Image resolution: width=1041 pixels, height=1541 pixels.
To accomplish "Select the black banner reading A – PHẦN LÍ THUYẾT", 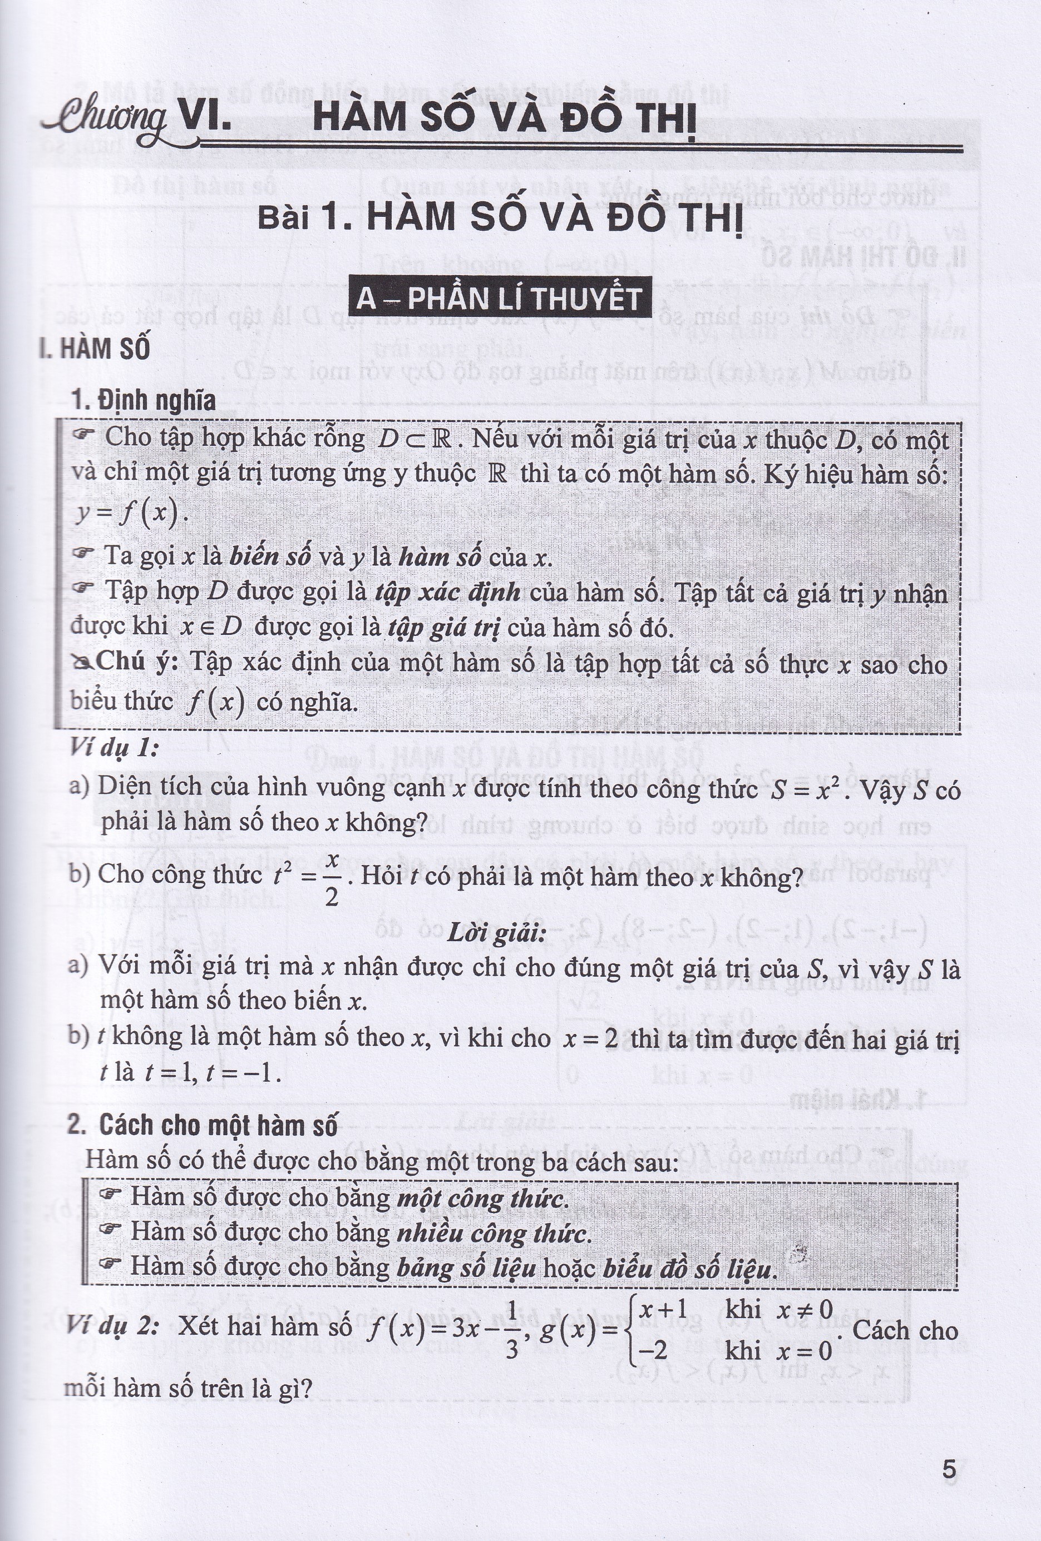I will [499, 299].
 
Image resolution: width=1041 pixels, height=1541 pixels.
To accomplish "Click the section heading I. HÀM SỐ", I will [95, 349].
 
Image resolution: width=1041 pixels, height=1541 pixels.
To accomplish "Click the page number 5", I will [949, 1470].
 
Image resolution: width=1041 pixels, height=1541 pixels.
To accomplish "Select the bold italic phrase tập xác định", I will [447, 591].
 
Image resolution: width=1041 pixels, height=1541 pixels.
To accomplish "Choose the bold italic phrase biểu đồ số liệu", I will [689, 1269].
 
